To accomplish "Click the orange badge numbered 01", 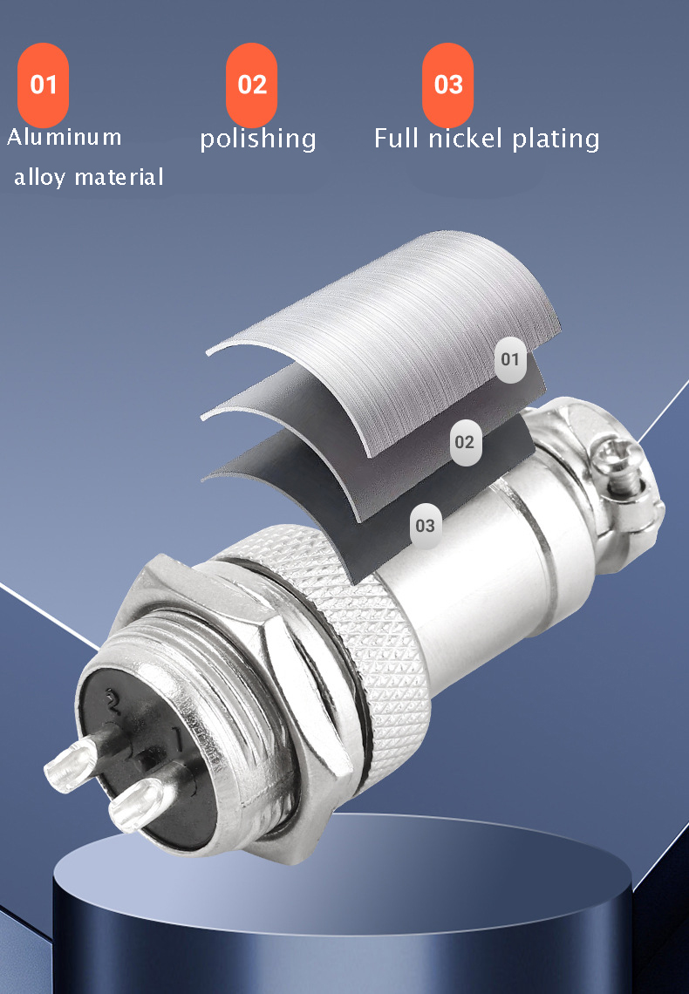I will pos(43,85).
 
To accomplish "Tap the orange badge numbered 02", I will pos(251,85).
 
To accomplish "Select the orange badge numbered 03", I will pos(448,85).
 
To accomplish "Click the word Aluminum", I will pos(65,137).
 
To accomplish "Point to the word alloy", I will pos(39,178).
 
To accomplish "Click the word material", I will pos(119,177).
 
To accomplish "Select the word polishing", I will pos(258,139).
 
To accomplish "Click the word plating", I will pos(556,139).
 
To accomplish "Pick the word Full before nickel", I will pos(397,139).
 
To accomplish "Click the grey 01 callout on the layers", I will pos(510,359).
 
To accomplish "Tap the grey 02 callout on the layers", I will pos(464,442).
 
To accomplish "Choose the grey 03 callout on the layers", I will pos(425,526).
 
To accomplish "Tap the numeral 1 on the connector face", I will pos(177,741).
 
